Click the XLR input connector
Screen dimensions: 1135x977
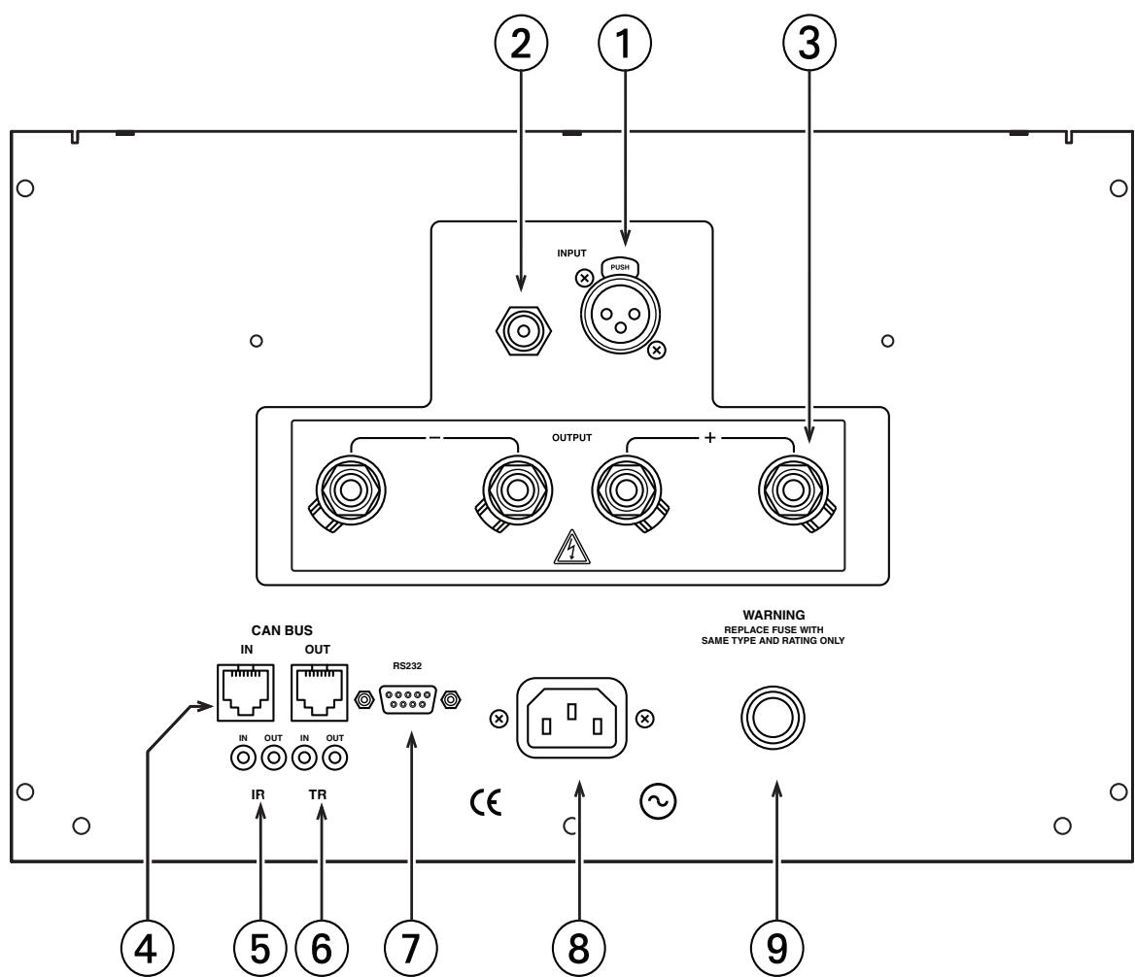click(x=620, y=316)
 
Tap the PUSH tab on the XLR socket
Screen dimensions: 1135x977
click(x=620, y=267)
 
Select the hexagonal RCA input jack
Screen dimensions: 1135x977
click(x=524, y=330)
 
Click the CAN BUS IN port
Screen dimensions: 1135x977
click(x=246, y=692)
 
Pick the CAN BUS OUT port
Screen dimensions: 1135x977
click(x=319, y=692)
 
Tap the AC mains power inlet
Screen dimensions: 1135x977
click(x=571, y=718)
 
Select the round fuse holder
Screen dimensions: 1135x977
click(x=774, y=718)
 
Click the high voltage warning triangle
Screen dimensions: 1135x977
click(x=571, y=547)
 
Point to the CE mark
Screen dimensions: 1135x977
click(x=486, y=803)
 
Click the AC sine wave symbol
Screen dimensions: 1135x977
click(x=658, y=802)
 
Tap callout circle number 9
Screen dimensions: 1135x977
click(x=776, y=947)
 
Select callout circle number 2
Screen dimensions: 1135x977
click(x=521, y=44)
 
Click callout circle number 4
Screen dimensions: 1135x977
click(x=146, y=947)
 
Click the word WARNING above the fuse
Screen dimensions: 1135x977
click(x=774, y=615)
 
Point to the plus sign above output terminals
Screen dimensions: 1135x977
click(x=710, y=438)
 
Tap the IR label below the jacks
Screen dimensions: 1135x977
click(x=258, y=794)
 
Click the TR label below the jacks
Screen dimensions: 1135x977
click(x=318, y=794)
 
